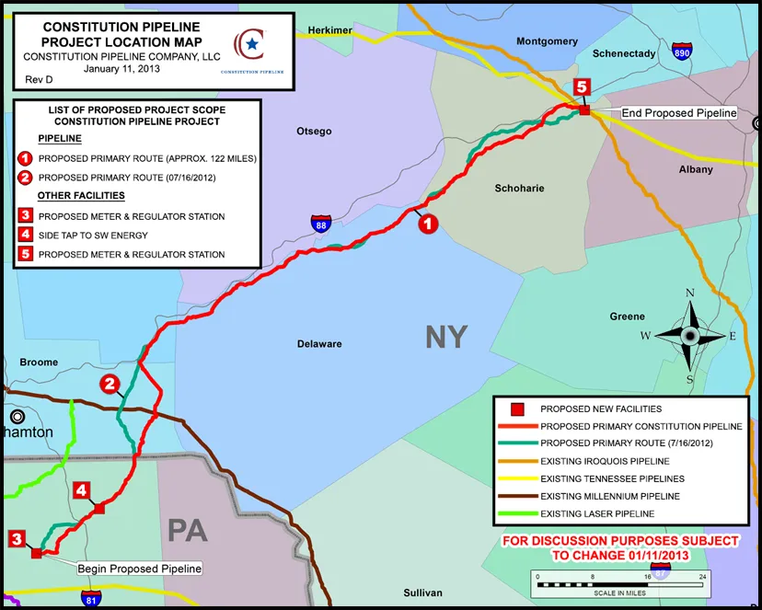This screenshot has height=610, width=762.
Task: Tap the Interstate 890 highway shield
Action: point(682,52)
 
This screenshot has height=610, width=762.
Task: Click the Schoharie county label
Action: point(520,188)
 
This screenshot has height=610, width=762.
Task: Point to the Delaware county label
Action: point(319,344)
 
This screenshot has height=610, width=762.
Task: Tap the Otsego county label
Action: point(314,132)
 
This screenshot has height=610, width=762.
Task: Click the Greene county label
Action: point(627,317)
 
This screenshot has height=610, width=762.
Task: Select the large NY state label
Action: point(446,337)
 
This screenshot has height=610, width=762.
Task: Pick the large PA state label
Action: point(187,530)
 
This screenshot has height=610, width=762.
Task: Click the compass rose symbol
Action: point(689,336)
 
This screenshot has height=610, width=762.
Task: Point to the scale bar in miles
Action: point(619,581)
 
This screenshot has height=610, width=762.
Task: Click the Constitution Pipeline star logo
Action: point(248,44)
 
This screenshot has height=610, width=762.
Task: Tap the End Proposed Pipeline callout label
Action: point(679,113)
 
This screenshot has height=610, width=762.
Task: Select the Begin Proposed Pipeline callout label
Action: point(139,569)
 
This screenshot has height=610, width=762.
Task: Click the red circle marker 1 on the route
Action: point(427,223)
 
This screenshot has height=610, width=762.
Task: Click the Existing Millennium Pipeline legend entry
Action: point(609,496)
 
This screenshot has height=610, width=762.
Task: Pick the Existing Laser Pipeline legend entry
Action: point(597,513)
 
